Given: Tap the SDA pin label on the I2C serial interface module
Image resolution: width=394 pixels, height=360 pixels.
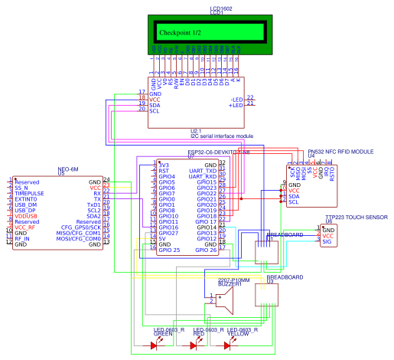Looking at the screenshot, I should click(155, 105).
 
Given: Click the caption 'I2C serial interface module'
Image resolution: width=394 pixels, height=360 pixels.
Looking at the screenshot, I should click(221, 136).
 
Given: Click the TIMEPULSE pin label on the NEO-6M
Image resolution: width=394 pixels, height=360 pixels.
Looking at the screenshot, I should click(31, 195).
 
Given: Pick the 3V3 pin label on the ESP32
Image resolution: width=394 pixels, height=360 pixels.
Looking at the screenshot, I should click(164, 164).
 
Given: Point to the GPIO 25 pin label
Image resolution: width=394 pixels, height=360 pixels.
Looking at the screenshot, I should click(168, 250).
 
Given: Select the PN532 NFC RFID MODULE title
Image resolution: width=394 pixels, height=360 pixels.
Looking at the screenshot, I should click(340, 152).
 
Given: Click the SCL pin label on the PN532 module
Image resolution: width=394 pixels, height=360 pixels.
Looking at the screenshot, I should click(294, 202).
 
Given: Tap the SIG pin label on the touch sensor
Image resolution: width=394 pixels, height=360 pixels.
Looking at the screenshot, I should click(327, 241).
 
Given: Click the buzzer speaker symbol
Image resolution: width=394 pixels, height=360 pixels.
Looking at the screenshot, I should click(224, 299).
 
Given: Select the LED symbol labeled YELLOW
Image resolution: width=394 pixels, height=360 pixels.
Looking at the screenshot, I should click(228, 345).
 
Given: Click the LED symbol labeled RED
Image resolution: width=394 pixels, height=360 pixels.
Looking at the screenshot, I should click(194, 345).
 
